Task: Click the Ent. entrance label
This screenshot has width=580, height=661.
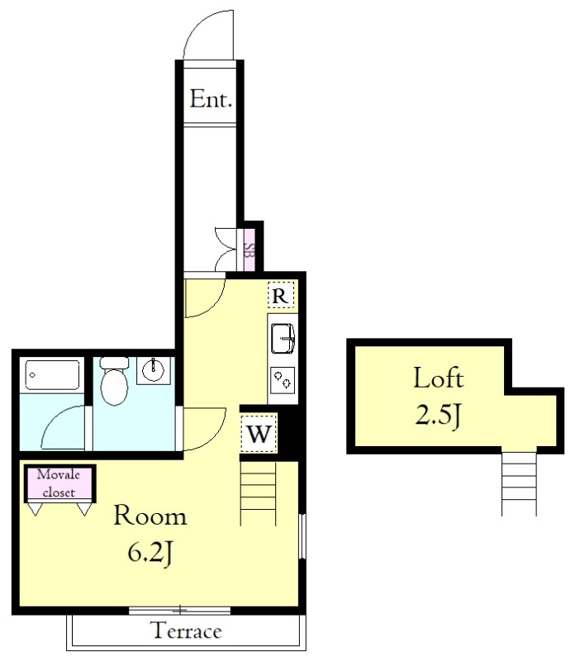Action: click(x=211, y=99)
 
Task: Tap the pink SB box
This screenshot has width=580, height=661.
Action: click(x=250, y=250)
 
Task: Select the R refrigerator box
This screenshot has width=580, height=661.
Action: click(x=281, y=295)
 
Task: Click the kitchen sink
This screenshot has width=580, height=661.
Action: click(x=283, y=338)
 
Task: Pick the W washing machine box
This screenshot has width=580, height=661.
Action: click(x=259, y=433)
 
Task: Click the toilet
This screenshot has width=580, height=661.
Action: click(x=114, y=381)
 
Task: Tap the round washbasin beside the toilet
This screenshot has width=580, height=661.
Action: click(x=153, y=370)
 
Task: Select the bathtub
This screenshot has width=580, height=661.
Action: click(x=52, y=374)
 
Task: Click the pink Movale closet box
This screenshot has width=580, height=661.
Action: click(x=59, y=483)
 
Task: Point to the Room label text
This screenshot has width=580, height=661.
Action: click(x=150, y=515)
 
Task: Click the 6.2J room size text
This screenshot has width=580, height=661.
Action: click(x=150, y=553)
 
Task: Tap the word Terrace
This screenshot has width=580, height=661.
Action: click(x=186, y=630)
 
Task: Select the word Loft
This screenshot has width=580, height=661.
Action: click(x=439, y=378)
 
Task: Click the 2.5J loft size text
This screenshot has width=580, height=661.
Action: click(x=439, y=416)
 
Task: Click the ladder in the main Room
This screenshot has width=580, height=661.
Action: click(x=258, y=493)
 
